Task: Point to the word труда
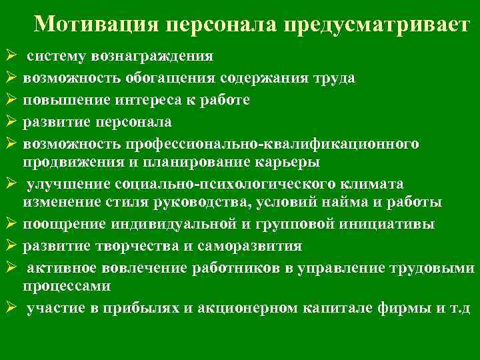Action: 333,79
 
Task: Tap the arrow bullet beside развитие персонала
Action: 9,121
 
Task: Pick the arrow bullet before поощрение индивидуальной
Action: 9,225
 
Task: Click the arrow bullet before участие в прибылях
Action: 9,309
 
